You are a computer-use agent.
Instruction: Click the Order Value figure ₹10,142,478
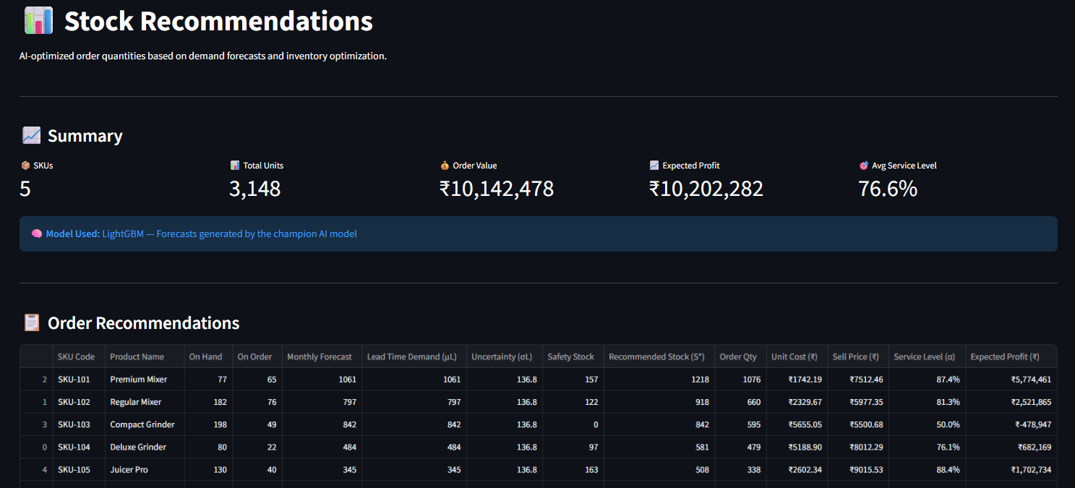coord(496,189)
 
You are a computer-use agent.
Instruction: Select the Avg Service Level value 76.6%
coord(887,189)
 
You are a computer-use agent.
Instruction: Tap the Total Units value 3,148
coord(254,189)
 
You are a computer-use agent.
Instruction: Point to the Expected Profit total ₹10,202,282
coord(706,189)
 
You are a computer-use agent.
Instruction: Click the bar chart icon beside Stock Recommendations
coord(38,21)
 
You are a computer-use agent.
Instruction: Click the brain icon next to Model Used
coord(36,234)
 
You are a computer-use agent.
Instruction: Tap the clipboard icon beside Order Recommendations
coord(32,322)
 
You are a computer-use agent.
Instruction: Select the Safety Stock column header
coord(570,356)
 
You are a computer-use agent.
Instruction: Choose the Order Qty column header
coord(737,356)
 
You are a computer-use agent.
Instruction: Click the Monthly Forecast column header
coord(319,356)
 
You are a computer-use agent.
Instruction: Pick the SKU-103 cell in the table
coord(74,424)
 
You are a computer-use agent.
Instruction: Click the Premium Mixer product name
coord(138,379)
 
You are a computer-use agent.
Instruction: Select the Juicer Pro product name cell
coord(129,469)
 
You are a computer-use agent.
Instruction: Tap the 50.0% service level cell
coord(948,424)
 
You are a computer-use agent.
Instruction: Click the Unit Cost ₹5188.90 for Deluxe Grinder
coord(805,447)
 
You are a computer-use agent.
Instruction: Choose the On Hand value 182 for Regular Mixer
coord(220,402)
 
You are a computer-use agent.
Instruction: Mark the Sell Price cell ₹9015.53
coord(866,469)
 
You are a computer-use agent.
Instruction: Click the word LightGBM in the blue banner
coord(123,234)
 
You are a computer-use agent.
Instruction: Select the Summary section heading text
coord(85,136)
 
